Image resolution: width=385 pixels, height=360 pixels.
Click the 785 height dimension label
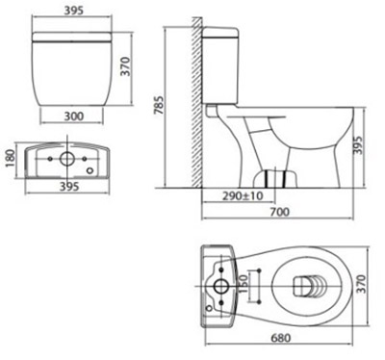pos(159,105)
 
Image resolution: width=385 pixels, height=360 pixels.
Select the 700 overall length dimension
pos(279,212)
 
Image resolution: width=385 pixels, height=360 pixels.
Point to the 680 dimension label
pos(281,338)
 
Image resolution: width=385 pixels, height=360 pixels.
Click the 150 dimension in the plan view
pos(244,284)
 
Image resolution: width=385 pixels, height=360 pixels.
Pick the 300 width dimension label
pos(74,116)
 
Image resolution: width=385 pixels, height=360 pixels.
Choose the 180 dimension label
pos(11,159)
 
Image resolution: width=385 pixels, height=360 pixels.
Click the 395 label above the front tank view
pos(73,11)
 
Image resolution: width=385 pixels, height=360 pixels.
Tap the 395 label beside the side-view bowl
pos(357,145)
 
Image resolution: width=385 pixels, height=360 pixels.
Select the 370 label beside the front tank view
pos(125,66)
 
